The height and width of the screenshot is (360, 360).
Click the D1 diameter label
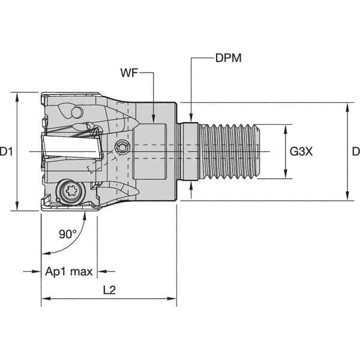7,152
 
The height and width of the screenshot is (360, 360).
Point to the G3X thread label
301,152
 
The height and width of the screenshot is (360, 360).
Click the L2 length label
109,289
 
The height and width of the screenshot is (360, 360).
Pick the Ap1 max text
69,272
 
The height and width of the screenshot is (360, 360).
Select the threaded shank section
231,152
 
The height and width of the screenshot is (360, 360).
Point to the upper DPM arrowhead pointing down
191,117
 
